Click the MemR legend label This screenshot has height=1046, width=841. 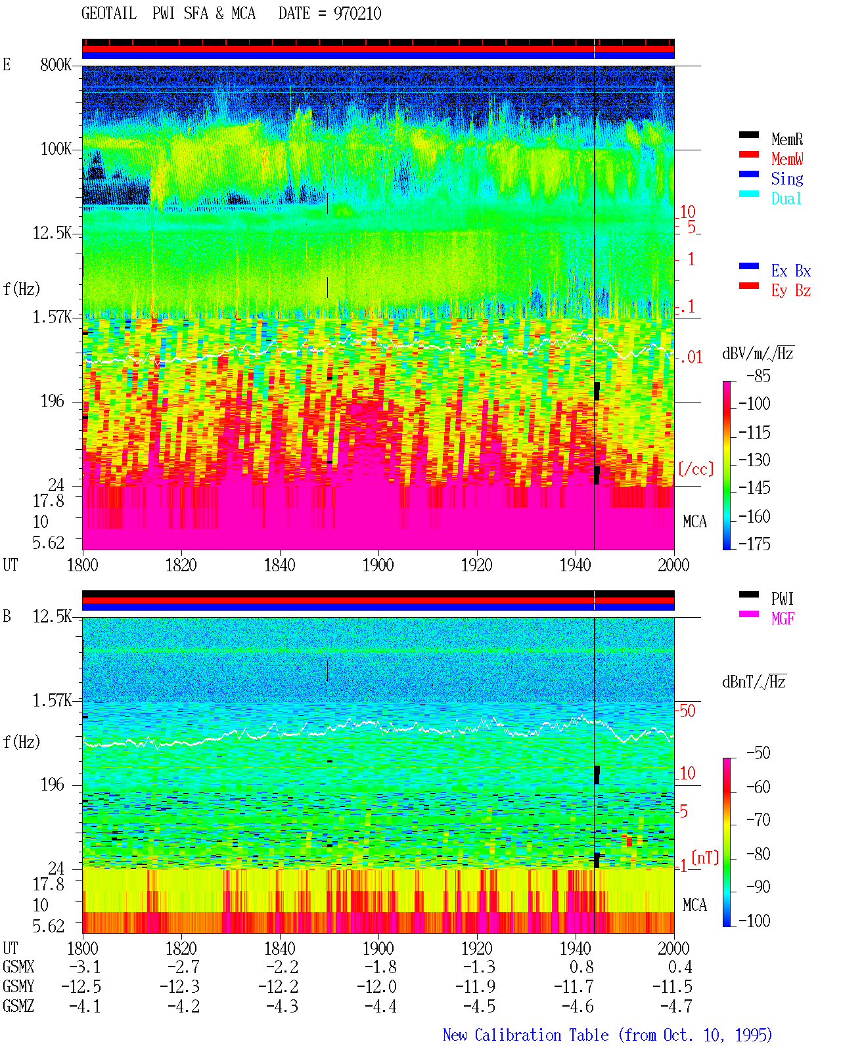pos(786,139)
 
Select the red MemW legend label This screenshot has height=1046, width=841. pos(786,159)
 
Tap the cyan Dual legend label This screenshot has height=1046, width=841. pos(786,198)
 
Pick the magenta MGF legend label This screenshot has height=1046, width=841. pos(783,619)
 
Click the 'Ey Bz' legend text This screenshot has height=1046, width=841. pos(790,290)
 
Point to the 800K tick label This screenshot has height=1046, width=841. pos(55,64)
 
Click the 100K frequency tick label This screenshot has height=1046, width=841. pos(55,149)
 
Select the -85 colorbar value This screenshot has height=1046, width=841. pos(758,376)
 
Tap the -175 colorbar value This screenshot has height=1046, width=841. pos(754,544)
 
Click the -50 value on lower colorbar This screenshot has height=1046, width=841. pos(758,753)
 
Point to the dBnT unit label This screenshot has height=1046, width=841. pos(754,682)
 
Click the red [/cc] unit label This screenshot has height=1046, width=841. pos(696,469)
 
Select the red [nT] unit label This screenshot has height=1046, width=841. pos(705,858)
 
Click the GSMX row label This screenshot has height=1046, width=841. pos(18,967)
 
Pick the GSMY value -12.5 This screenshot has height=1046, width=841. pos(81,987)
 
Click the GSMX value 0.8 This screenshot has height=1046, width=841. pos(581,967)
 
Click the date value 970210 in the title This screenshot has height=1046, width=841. pos(357,14)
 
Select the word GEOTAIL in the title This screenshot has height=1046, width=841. pos(109,14)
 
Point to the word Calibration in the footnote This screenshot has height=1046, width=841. pos(541,1035)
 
